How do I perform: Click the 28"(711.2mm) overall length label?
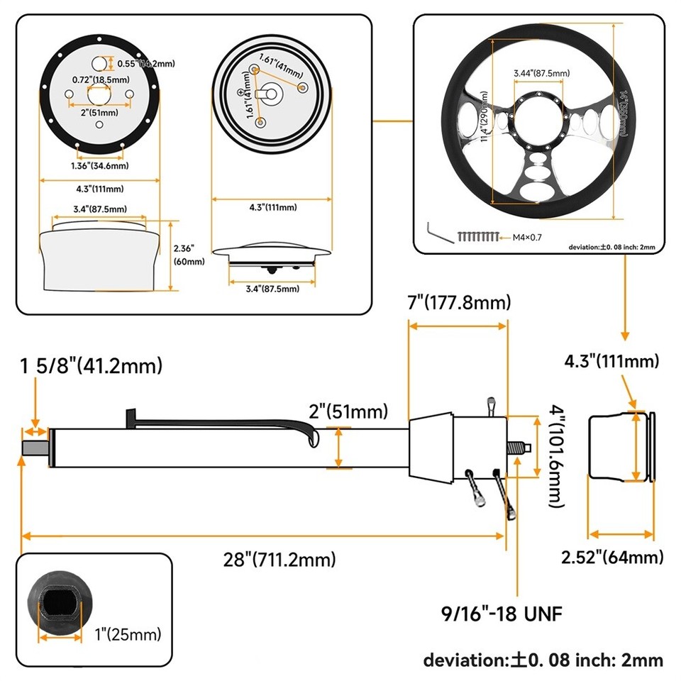point(279,560)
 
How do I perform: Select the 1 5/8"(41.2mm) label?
point(91,366)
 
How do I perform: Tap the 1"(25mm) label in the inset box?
point(128,633)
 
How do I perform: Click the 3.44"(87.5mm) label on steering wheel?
point(541,73)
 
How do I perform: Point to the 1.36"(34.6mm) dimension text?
point(99,166)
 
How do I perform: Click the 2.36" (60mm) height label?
point(189,255)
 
